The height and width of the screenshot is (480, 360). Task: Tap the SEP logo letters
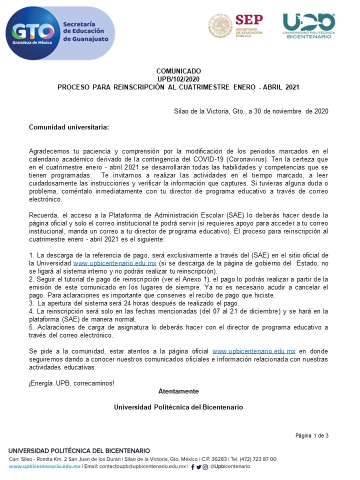(248, 20)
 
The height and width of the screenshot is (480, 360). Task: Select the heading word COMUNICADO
(178, 71)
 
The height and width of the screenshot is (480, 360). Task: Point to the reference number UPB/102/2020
(178, 79)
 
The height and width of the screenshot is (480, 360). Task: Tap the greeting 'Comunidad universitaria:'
(69, 127)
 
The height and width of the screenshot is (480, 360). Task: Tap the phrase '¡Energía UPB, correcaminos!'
(71, 383)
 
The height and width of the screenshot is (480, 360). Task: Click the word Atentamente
(178, 391)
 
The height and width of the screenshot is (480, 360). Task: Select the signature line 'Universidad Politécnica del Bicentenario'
(178, 407)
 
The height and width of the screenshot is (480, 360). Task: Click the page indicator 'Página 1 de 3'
(312, 435)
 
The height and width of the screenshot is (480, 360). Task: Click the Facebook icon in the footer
(193, 466)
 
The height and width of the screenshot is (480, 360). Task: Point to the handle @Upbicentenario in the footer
(230, 466)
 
